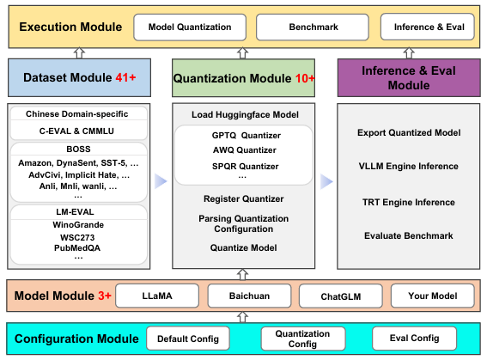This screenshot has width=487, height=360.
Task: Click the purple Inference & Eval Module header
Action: pyautogui.click(x=408, y=77)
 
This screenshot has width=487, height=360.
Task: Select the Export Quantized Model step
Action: pyautogui.click(x=408, y=132)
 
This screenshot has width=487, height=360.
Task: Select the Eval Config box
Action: pyautogui.click(x=414, y=339)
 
